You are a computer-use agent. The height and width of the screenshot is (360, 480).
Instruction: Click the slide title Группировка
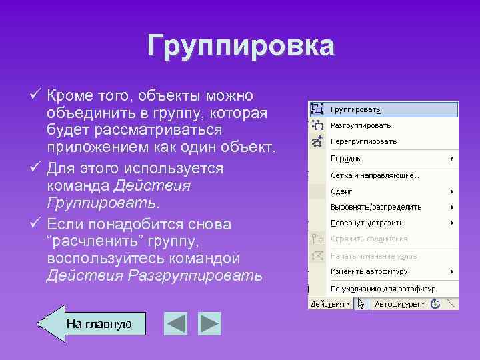tap(241, 46)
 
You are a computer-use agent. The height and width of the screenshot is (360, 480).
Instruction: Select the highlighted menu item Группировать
tap(360, 109)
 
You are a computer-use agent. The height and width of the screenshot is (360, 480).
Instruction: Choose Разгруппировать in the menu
tap(361, 125)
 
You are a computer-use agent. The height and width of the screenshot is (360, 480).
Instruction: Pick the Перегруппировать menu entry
tap(363, 141)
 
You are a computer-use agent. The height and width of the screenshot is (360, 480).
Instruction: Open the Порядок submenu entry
tap(346, 158)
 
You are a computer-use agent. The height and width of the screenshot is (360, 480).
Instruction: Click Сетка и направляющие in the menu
tap(376, 175)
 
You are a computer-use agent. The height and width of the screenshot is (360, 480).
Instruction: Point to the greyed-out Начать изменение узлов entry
tap(373, 255)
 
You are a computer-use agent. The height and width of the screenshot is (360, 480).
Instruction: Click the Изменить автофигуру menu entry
tap(369, 271)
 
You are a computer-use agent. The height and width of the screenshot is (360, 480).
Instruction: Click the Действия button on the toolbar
tap(329, 304)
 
